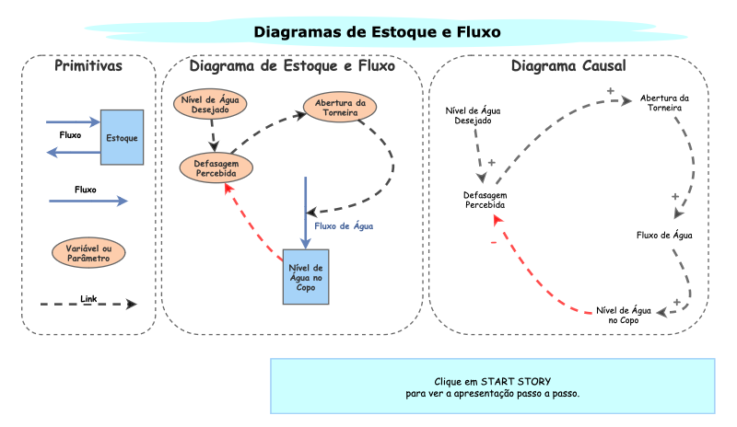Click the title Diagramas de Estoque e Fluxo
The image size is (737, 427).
(x=377, y=32)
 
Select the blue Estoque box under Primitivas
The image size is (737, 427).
(x=122, y=137)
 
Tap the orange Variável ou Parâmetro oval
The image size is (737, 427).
(x=89, y=252)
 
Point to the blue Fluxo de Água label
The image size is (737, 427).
(x=344, y=225)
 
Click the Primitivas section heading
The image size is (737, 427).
(x=88, y=66)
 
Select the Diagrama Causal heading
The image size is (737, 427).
(x=568, y=67)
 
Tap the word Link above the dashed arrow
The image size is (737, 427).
(x=88, y=298)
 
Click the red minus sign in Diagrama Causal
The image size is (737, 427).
(x=493, y=242)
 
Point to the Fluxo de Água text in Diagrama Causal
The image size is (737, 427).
(x=664, y=235)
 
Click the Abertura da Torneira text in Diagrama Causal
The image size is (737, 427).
(x=664, y=103)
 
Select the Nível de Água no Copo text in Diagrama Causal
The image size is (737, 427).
(x=625, y=314)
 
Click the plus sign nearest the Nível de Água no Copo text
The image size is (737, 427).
(x=676, y=301)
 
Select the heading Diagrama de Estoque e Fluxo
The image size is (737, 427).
(x=292, y=66)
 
